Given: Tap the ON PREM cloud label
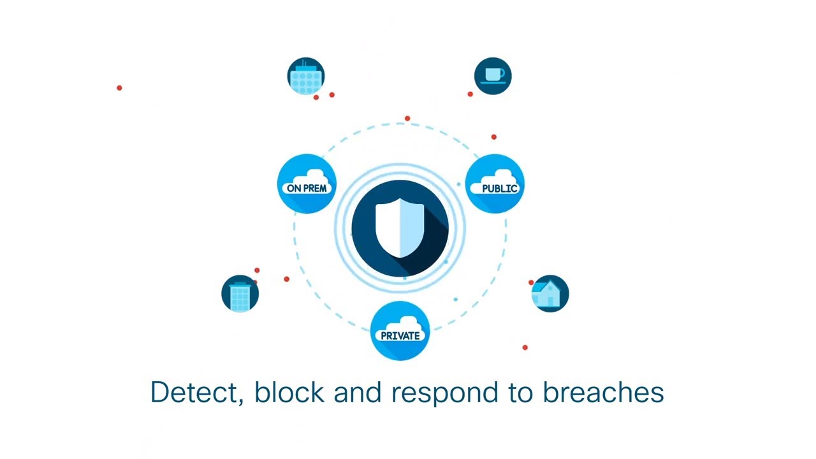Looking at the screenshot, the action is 307,188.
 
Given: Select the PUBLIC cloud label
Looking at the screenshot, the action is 500,188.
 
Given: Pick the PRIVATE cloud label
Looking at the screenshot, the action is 400,335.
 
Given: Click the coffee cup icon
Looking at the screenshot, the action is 493,76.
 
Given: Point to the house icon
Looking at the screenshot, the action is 550,294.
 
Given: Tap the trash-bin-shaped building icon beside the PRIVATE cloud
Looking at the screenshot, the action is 240,295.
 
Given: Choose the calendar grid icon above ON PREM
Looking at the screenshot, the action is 306,76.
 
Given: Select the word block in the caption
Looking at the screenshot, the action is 289,392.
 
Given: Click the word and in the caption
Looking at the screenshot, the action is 357,392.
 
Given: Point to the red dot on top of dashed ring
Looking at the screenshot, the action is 407,119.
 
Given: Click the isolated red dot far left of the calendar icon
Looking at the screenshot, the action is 119,88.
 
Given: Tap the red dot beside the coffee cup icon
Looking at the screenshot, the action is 470,94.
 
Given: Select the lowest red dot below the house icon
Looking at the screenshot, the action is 525,347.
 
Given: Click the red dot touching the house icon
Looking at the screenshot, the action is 531,282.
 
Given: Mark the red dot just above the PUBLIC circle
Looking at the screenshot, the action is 493,136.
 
